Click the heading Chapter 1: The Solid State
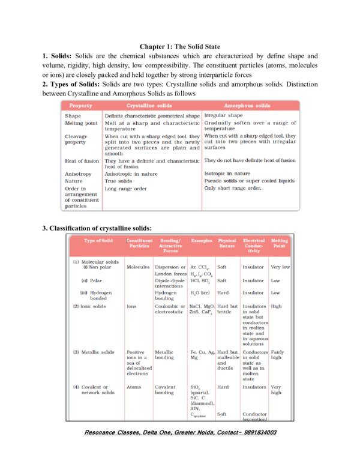click(180, 46)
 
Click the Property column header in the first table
click(80, 105)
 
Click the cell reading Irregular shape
click(224, 115)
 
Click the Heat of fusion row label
click(82, 161)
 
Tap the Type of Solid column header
click(98, 241)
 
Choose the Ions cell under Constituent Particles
click(132, 306)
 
